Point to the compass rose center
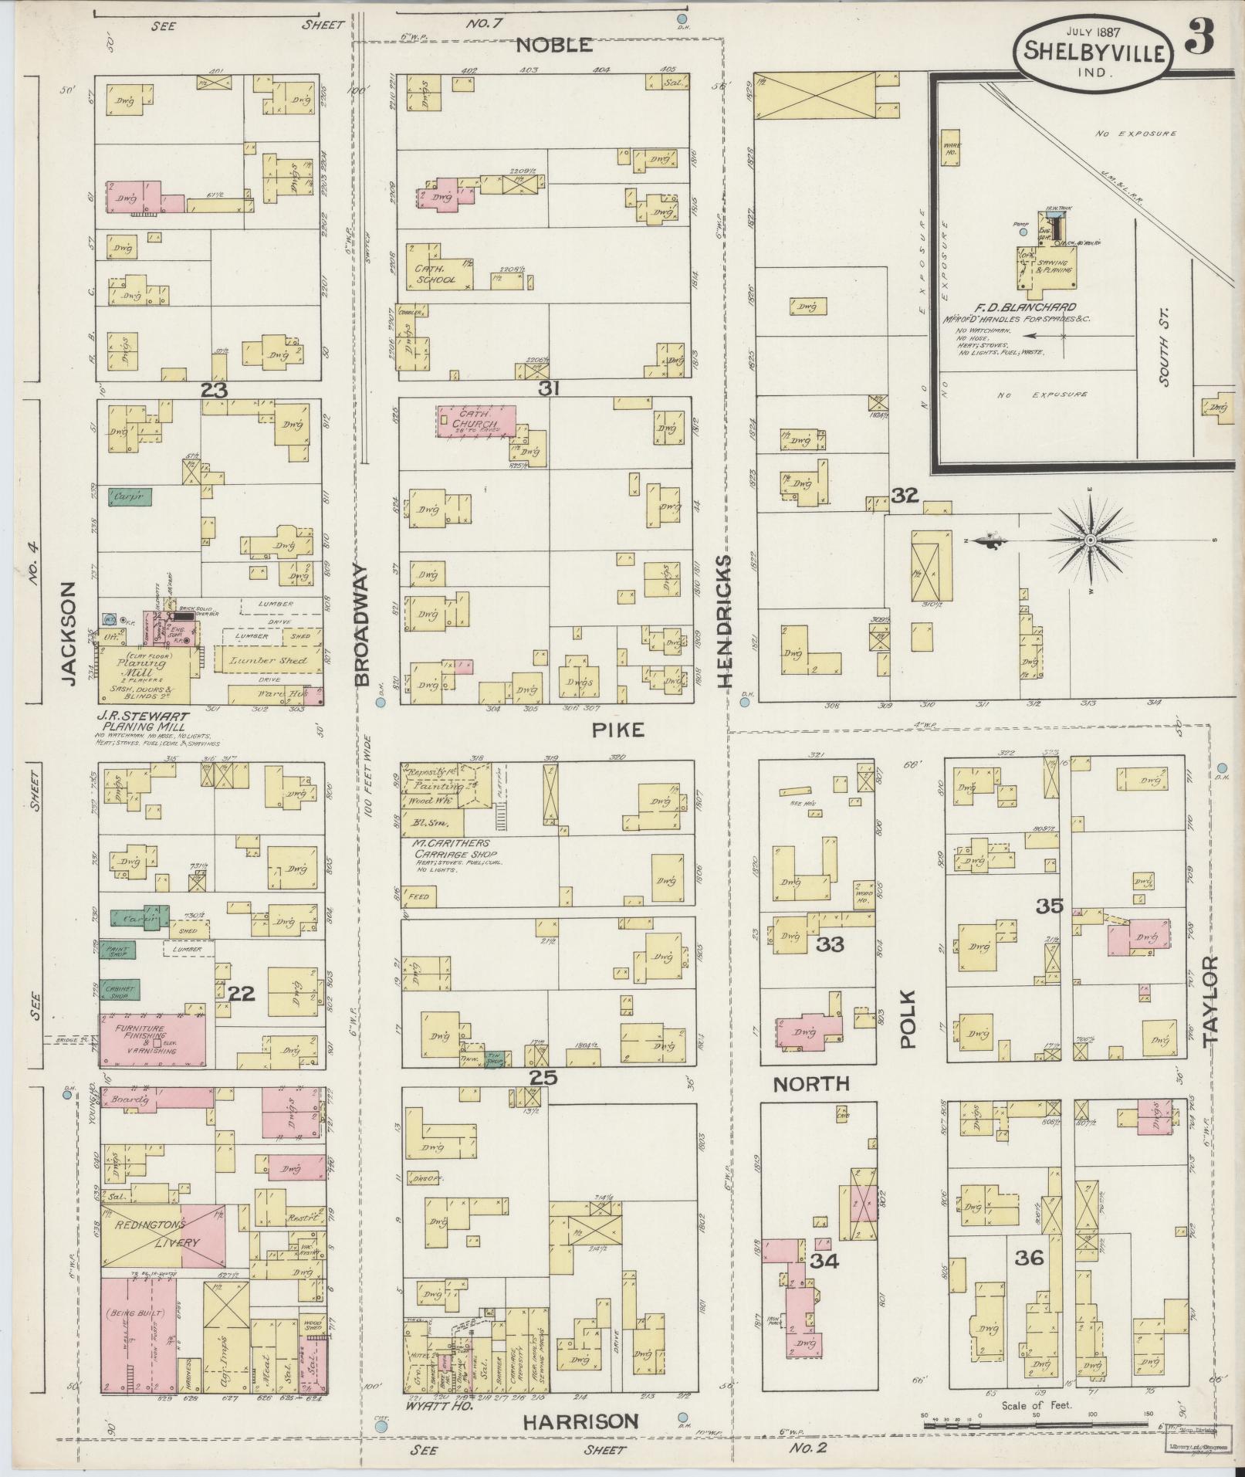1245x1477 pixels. pos(1090,540)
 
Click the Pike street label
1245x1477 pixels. pos(617,730)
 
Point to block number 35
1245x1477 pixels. pos(1050,906)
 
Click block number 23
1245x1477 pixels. pos(215,391)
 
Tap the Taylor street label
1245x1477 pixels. pos(1209,1001)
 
